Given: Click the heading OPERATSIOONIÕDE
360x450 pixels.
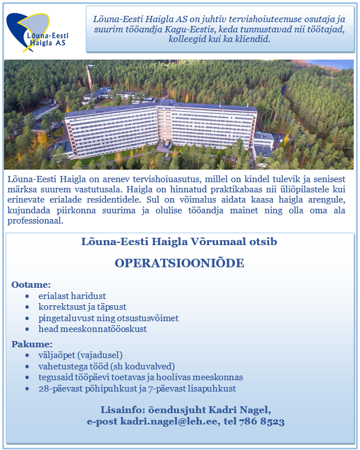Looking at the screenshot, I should pyautogui.click(x=179, y=263).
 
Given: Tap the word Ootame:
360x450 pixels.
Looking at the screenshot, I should pyautogui.click(x=31, y=284).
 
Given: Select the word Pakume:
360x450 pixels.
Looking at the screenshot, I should pyautogui.click(x=32, y=344).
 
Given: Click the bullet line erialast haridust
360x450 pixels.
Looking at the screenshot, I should pyautogui.click(x=72, y=296).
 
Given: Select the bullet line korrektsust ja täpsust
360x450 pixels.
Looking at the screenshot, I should pyautogui.click(x=82, y=307).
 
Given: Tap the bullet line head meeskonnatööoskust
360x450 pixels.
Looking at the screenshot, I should pyautogui.click(x=93, y=329).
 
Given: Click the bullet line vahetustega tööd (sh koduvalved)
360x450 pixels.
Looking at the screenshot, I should pyautogui.click(x=106, y=367).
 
